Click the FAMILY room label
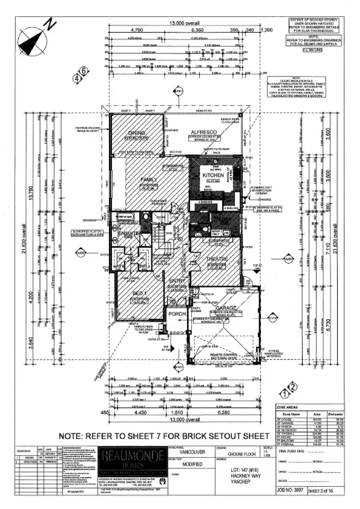[x=149, y=179]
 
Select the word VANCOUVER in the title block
[x=188, y=451]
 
